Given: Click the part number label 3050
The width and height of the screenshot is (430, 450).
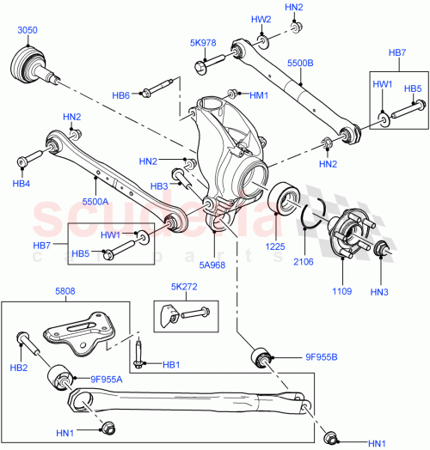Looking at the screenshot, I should pos(28,30).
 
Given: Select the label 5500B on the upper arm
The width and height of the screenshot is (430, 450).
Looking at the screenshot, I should pos(298,64).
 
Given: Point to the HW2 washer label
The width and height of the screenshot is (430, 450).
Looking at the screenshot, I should pos(261,19).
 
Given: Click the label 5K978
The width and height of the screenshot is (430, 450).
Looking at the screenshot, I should pos(202,41).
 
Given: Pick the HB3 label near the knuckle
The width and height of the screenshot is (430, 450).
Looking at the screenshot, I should pos(159,186).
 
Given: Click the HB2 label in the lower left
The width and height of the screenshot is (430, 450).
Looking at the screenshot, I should pos(18,368).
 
